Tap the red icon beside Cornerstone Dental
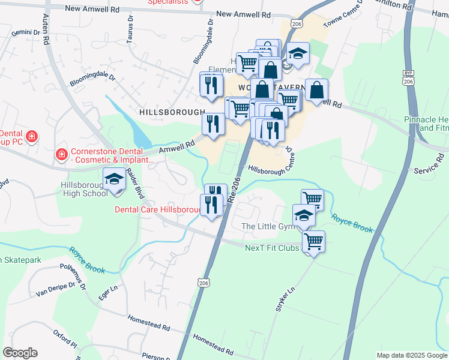pyautogui.click(x=61, y=155)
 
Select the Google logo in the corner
pyautogui.click(x=20, y=353)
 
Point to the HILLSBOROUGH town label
pyautogui.click(x=172, y=112)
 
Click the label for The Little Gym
pyautogui.click(x=268, y=226)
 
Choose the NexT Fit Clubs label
pyautogui.click(x=271, y=248)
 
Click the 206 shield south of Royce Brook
pyautogui.click(x=203, y=282)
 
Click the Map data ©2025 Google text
pyautogui.click(x=411, y=355)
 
